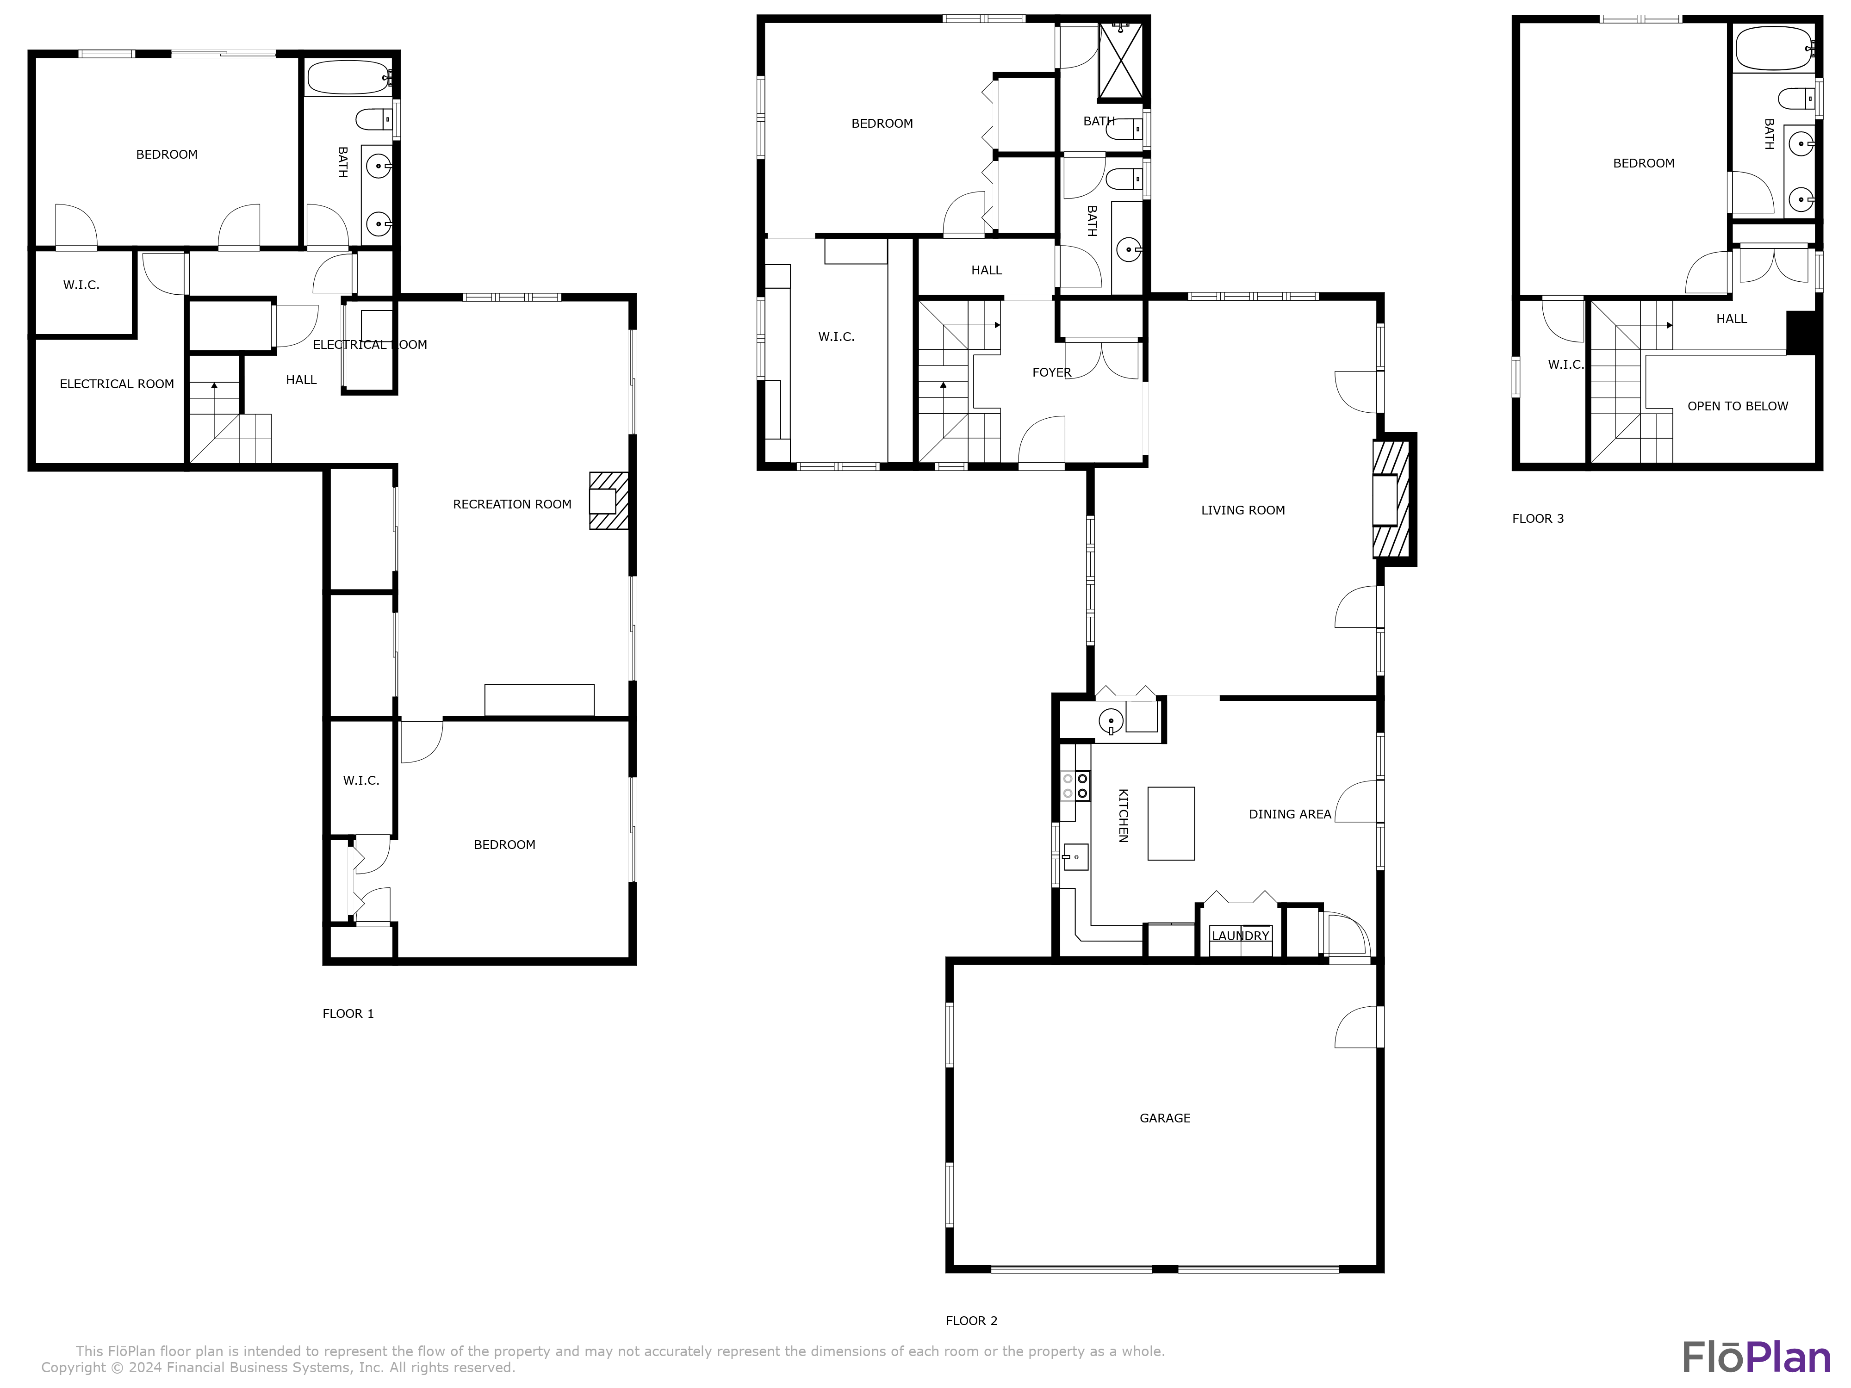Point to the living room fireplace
click(x=1391, y=500)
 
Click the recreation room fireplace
click(x=609, y=500)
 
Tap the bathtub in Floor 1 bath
click(x=347, y=78)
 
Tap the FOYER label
click(x=1051, y=372)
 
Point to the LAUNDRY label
click(x=1240, y=936)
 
